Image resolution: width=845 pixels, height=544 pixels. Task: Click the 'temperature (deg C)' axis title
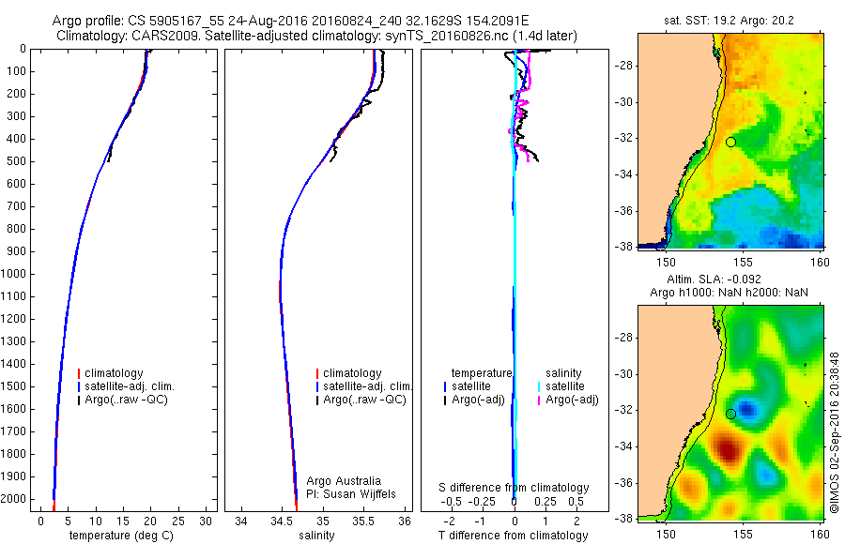tap(119, 536)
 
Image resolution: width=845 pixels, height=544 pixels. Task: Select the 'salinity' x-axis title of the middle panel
tap(316, 536)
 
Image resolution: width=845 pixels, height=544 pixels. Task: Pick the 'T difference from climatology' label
tap(513, 536)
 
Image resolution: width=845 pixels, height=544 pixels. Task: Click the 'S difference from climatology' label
tap(515, 488)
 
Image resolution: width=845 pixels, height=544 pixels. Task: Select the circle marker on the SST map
tap(730, 143)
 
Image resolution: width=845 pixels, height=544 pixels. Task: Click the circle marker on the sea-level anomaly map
tap(730, 414)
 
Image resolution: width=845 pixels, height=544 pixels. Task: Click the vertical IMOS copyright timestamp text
tap(834, 432)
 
